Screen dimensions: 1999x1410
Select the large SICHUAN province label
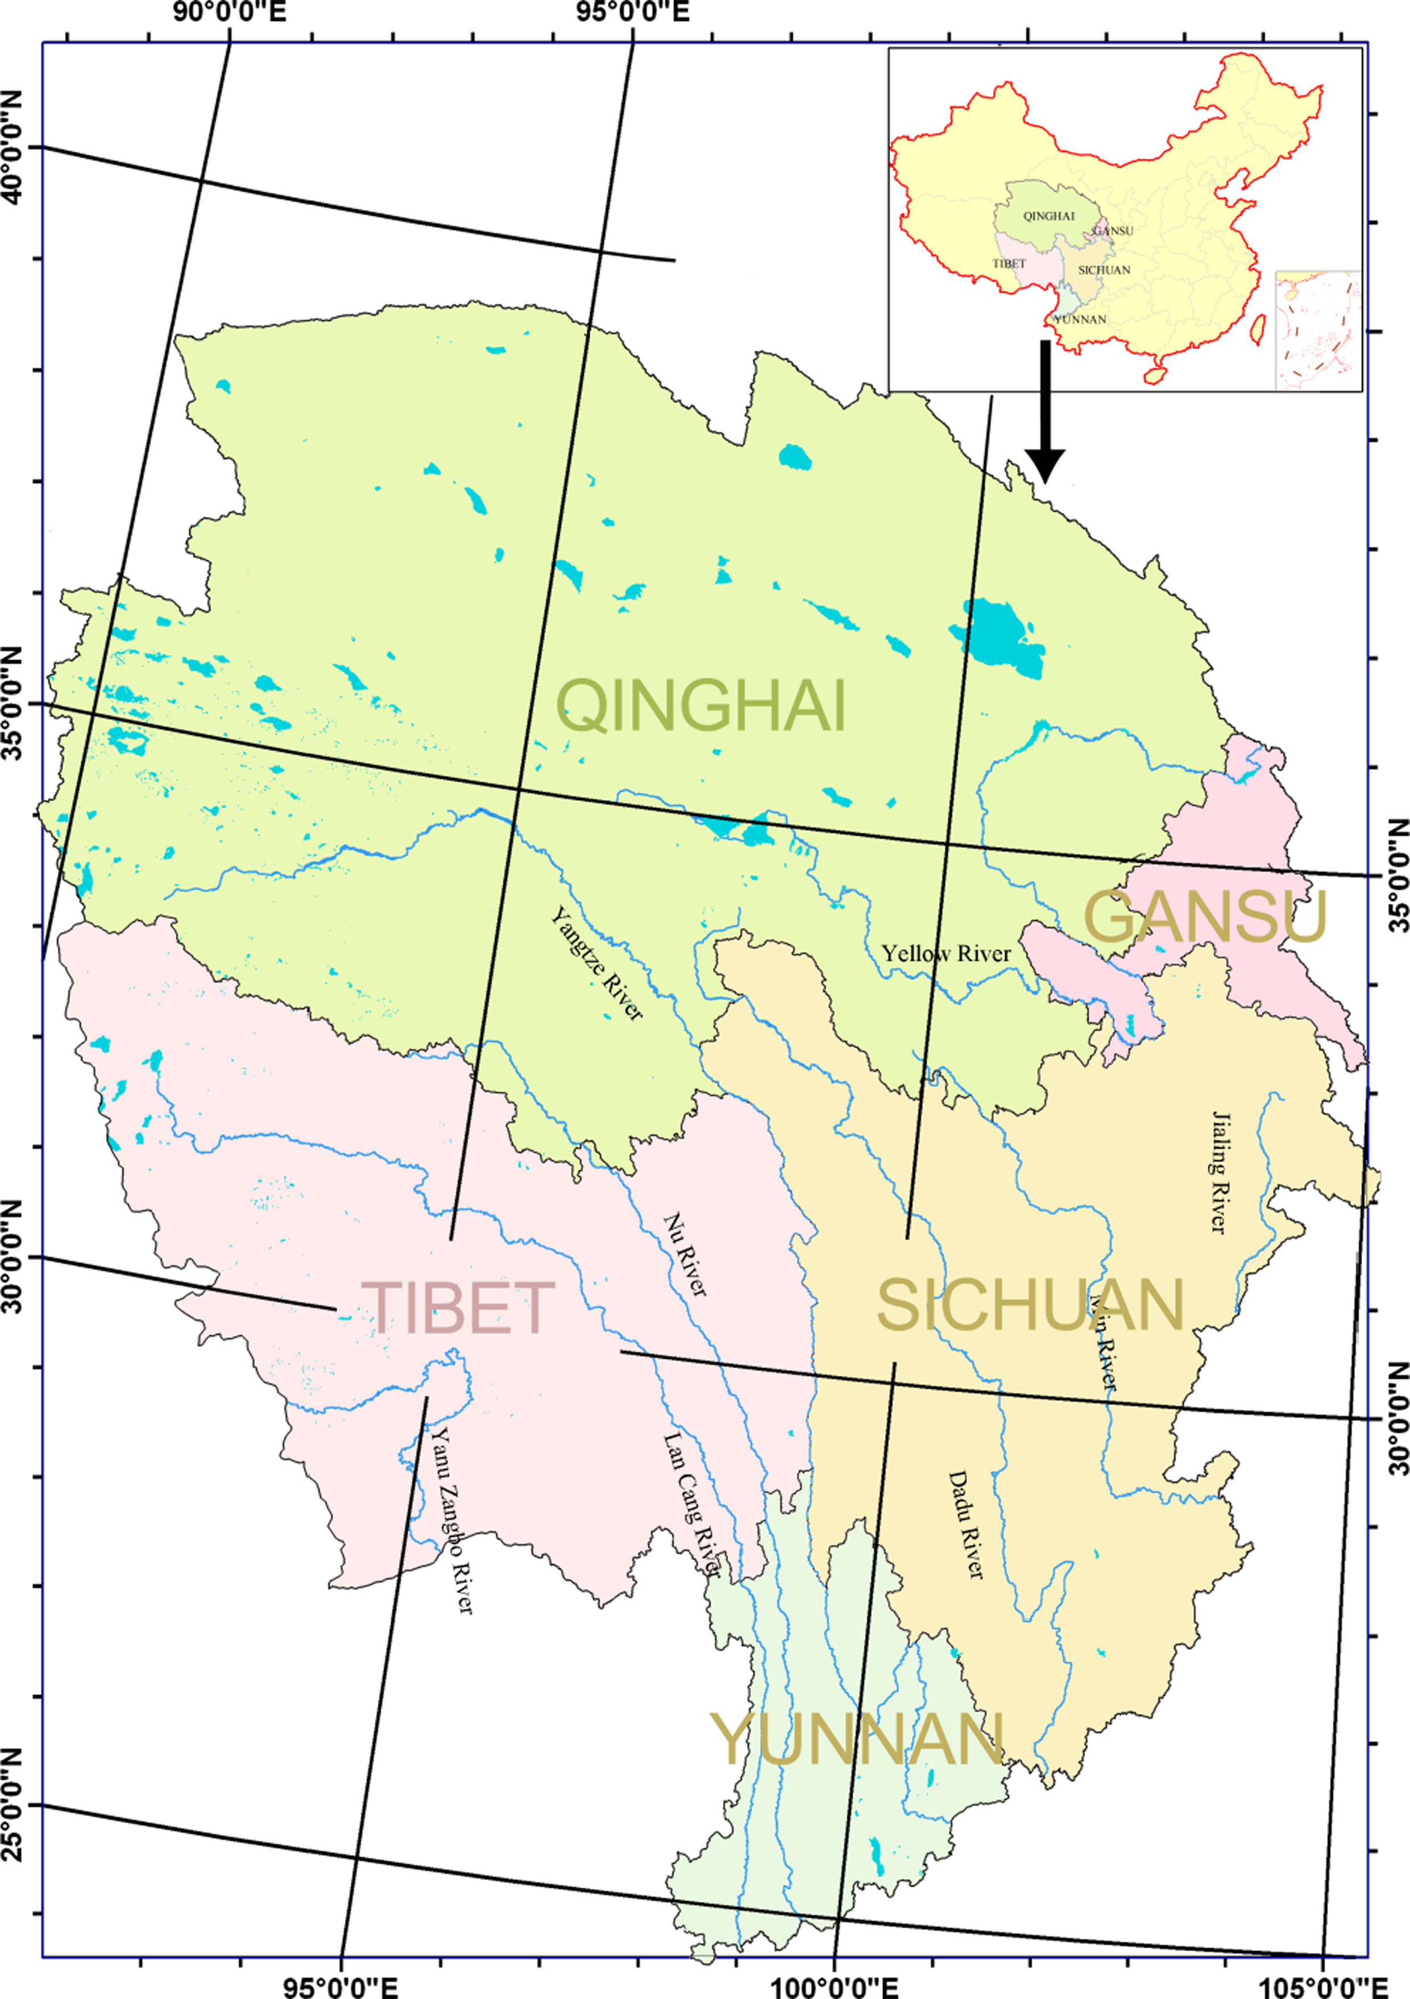pos(1030,1304)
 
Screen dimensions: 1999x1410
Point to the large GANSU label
pos(1205,918)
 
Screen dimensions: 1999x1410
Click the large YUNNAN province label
pos(858,1739)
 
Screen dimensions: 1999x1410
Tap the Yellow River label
pos(946,953)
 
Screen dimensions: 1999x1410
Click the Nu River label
pos(686,1255)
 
